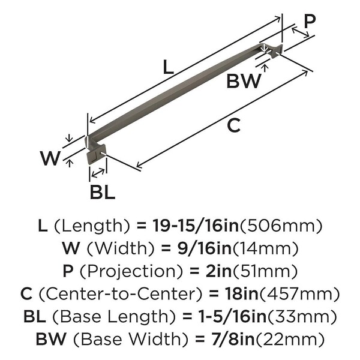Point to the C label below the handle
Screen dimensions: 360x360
pyautogui.click(x=234, y=126)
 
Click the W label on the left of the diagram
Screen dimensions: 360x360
pyautogui.click(x=50, y=159)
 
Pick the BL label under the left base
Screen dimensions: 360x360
pyautogui.click(x=102, y=193)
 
